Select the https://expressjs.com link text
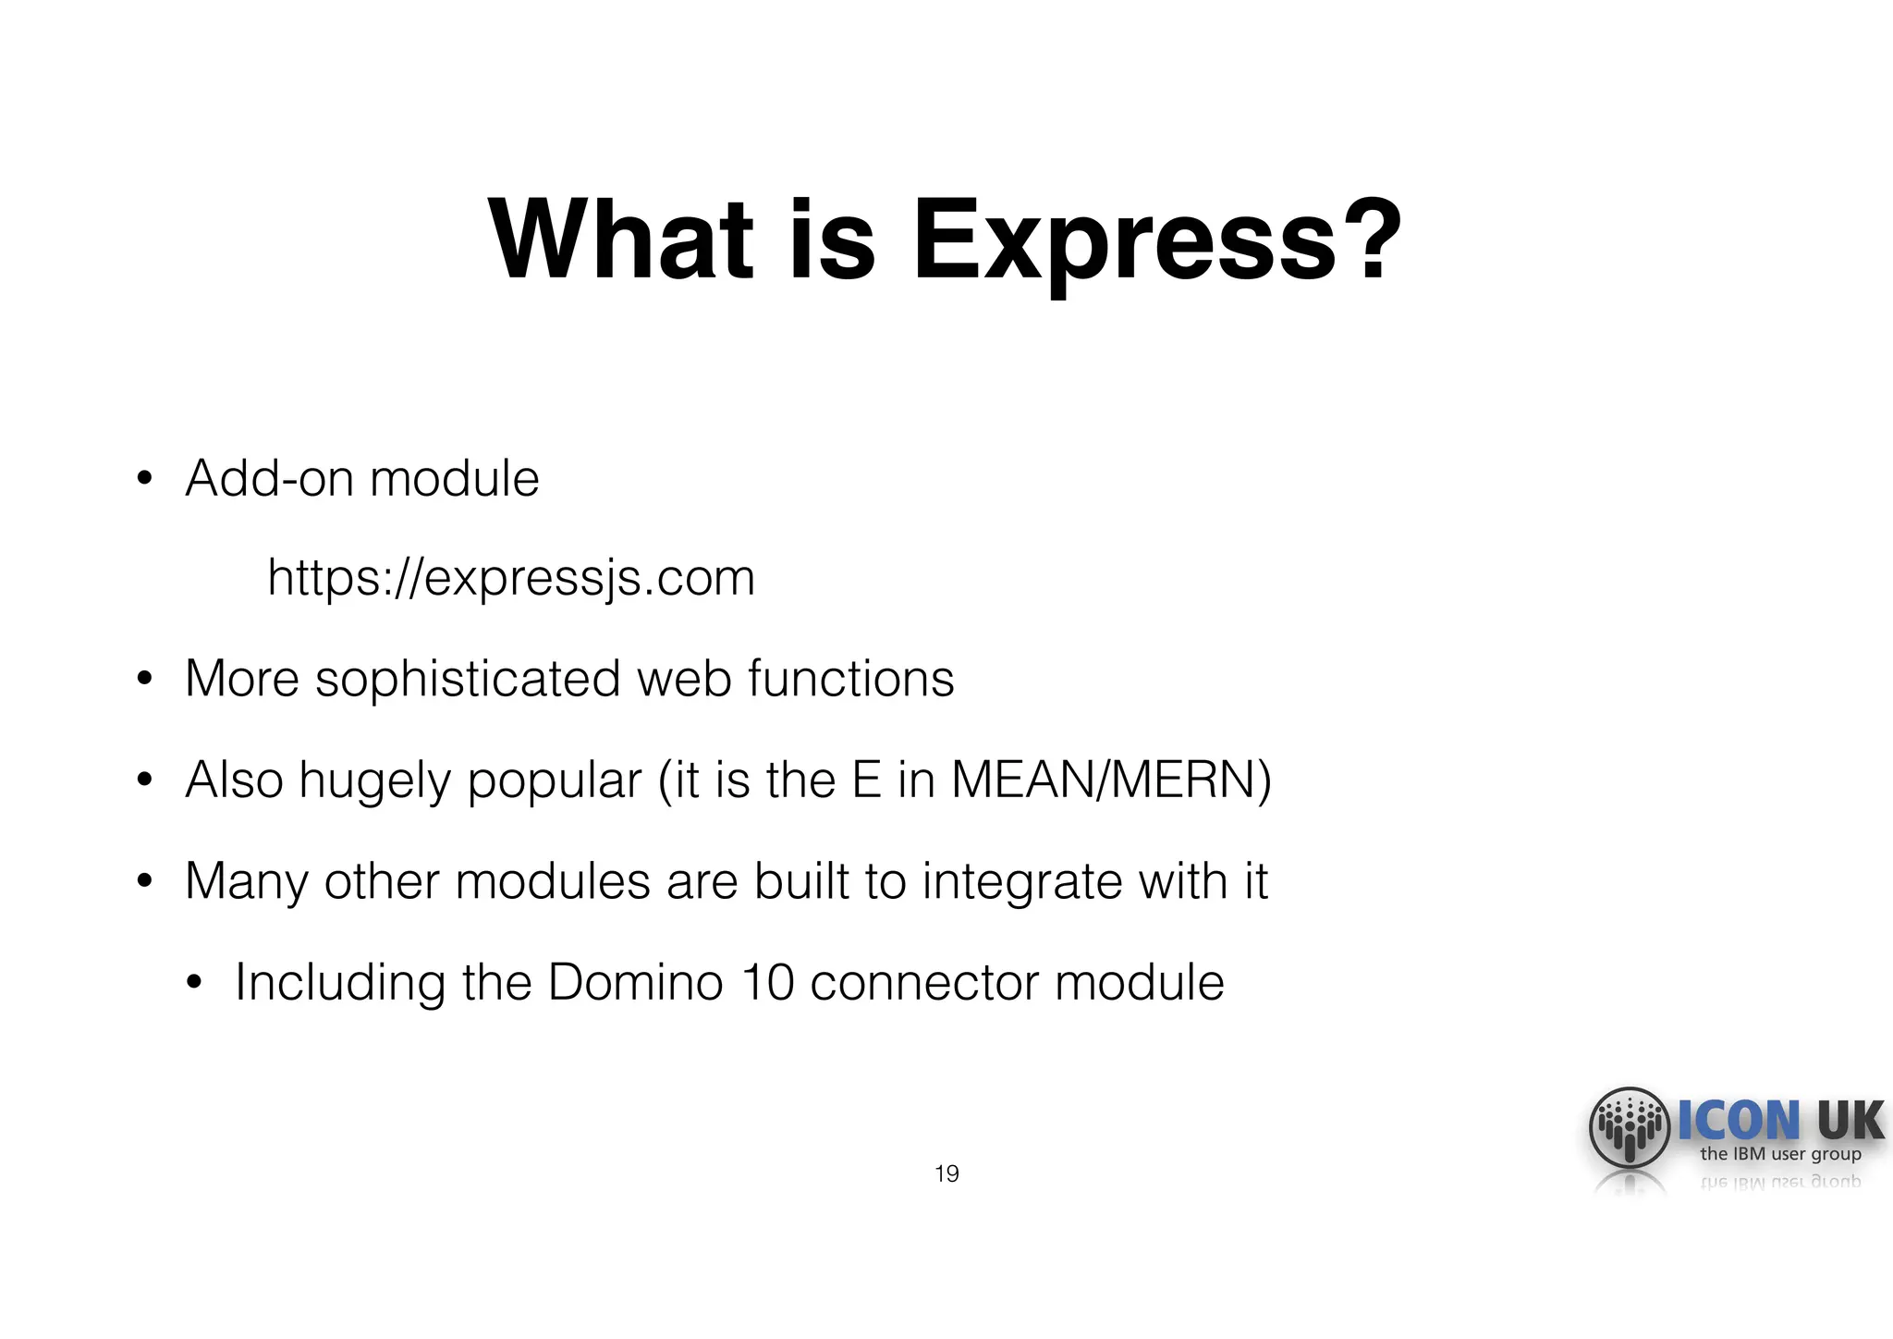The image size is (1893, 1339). pos(511,578)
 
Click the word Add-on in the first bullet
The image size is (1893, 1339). pos(269,479)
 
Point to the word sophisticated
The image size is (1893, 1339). pos(468,680)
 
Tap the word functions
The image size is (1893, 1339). pos(850,679)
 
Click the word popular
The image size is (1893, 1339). pos(554,781)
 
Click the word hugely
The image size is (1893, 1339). pos(373,781)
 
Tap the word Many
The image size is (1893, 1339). pos(246,882)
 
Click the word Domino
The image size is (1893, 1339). pos(635,982)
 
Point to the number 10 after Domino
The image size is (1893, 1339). pos(767,982)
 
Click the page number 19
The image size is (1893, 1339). pos(946,1174)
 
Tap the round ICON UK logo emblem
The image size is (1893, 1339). pos(1630,1127)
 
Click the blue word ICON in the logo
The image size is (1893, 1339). pos(1738,1120)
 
